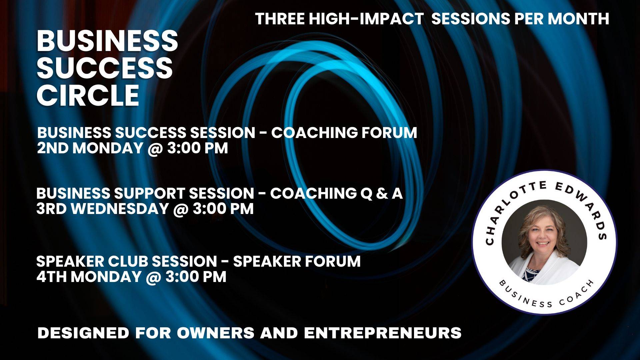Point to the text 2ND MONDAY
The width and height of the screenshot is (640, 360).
[x=90, y=148]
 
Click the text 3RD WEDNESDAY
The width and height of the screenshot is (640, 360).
[x=102, y=209]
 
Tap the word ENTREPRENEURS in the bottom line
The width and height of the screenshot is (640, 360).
[x=383, y=333]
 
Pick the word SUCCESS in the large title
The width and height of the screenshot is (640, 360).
[x=105, y=68]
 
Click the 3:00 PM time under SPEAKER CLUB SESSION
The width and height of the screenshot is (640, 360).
[x=196, y=277]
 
